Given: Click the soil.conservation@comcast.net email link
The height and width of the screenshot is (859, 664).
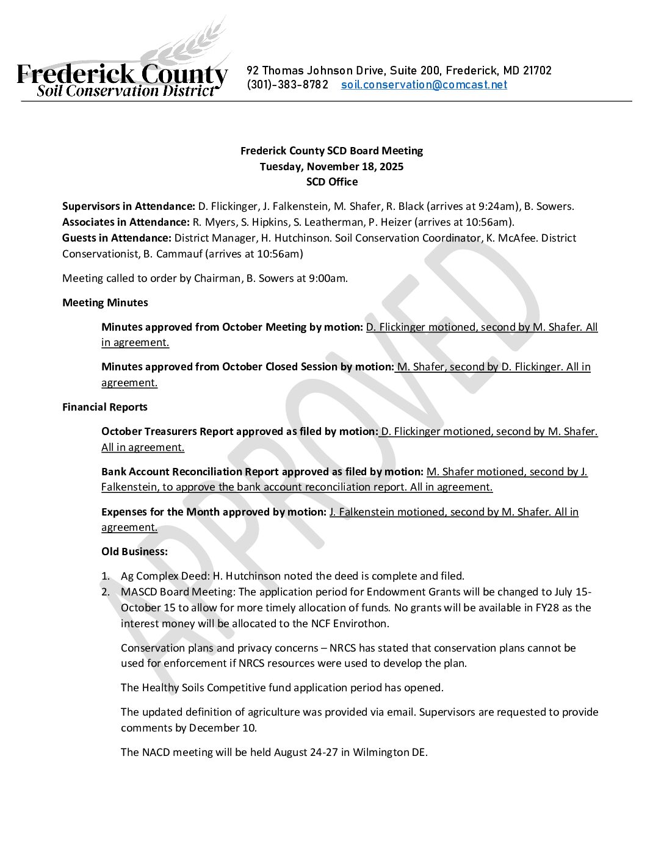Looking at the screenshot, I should (424, 85).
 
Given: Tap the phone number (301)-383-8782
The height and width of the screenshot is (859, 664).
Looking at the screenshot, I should (287, 85).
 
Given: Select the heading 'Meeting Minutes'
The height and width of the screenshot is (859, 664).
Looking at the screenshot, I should (105, 303).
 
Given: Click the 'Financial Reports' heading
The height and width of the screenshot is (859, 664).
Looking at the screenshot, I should (105, 407).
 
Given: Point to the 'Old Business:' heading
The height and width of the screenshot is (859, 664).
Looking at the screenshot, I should (134, 552).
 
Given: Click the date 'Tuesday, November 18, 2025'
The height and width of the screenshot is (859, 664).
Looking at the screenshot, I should (331, 167).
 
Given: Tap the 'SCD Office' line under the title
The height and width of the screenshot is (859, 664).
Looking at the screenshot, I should (331, 182).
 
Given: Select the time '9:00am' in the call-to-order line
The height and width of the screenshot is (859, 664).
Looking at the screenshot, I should (330, 278).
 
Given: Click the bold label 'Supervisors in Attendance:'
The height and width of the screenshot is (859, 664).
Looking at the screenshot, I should (129, 206).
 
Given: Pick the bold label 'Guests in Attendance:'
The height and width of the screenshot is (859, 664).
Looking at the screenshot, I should (117, 238).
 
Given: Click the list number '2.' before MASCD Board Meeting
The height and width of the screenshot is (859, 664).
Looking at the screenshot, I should (106, 592).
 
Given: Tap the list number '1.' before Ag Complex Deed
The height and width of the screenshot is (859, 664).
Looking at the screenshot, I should (106, 576).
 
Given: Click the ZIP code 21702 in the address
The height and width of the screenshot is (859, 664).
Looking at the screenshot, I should (537, 71).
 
